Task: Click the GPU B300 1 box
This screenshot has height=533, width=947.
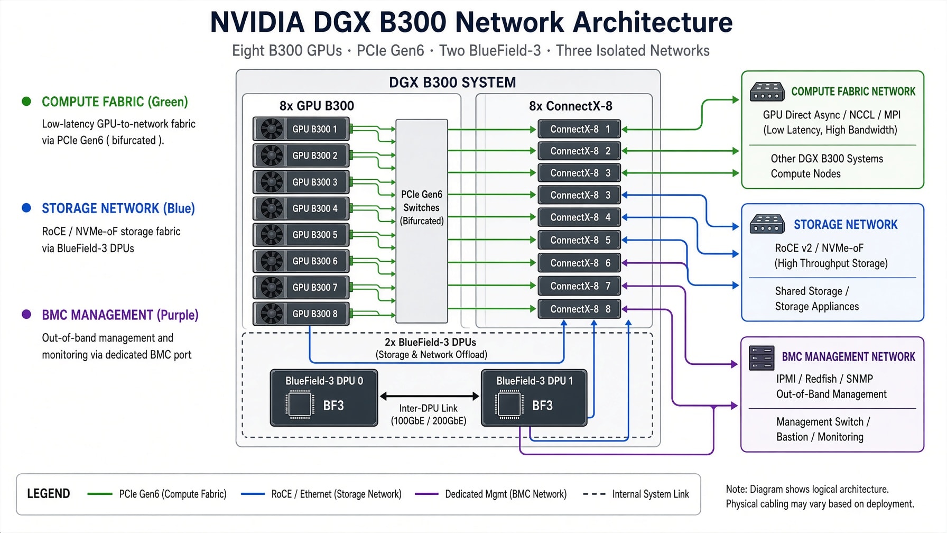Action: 301,129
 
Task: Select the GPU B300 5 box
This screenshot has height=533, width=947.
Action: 301,235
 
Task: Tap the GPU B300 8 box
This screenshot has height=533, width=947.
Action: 301,314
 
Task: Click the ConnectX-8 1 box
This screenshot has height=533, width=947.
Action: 579,129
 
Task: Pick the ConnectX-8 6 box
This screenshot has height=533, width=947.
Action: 579,263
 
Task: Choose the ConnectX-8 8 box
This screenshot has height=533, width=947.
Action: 579,309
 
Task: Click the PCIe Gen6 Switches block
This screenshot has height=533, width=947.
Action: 422,221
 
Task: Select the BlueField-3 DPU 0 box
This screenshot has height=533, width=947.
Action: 324,398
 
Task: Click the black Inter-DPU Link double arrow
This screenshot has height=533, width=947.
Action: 429,396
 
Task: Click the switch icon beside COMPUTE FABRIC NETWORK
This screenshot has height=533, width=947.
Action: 767,91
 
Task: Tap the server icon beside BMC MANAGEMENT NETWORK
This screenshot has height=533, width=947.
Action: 762,358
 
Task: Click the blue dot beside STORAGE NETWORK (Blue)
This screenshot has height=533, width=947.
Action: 26,208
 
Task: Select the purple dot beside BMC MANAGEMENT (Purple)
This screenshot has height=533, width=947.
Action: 26,314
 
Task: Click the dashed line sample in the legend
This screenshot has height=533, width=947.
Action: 594,494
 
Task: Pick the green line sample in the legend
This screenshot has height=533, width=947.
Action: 100,494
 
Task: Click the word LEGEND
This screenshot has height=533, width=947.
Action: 49,494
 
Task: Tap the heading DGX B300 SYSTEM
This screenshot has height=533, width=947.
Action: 452,82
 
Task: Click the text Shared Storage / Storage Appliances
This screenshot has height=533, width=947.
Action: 817,299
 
